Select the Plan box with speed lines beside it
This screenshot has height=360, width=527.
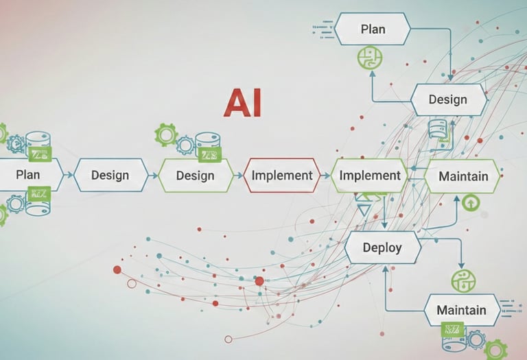click(x=373, y=29)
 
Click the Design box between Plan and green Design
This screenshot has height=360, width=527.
click(x=110, y=175)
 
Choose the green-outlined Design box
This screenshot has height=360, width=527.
click(x=195, y=175)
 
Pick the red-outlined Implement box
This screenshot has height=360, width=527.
click(x=282, y=175)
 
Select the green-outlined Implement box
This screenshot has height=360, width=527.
click(x=370, y=175)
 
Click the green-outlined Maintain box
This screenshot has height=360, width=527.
click(x=463, y=176)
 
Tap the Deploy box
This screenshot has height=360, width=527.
click(x=382, y=247)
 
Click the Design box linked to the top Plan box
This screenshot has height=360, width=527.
click(x=447, y=99)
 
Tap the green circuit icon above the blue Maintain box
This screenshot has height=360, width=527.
click(x=463, y=281)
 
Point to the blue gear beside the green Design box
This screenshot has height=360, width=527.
click(x=185, y=145)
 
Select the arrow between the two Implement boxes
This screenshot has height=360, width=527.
click(x=326, y=176)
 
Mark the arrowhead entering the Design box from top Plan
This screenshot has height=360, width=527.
click(x=451, y=78)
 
